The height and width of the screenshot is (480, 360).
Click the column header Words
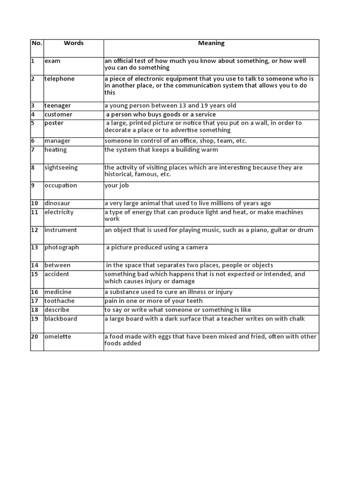coord(74,43)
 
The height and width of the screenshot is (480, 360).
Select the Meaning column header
coord(211,43)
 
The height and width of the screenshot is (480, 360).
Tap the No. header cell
coord(37,43)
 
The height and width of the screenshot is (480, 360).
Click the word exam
coord(52,61)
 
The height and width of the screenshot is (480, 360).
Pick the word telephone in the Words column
coord(60,79)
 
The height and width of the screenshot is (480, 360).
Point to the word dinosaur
coord(57,203)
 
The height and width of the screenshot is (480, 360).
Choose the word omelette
coord(58,337)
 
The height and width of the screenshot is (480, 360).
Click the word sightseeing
coord(61,168)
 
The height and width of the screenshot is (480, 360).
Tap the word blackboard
coord(61,319)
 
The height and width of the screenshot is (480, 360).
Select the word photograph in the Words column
coord(62,247)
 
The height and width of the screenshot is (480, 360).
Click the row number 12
coord(34,230)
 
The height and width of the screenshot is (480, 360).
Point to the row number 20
coord(34,337)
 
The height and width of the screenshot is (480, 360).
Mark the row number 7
coord(33,150)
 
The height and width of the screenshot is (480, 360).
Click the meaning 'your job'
coord(117,186)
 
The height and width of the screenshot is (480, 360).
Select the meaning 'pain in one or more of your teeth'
coord(154,301)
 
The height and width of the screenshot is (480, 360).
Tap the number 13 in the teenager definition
coord(181,105)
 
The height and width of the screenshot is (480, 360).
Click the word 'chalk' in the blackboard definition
coord(297,319)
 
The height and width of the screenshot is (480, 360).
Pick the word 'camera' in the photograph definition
coord(197,247)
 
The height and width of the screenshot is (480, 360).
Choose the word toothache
coord(60,301)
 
